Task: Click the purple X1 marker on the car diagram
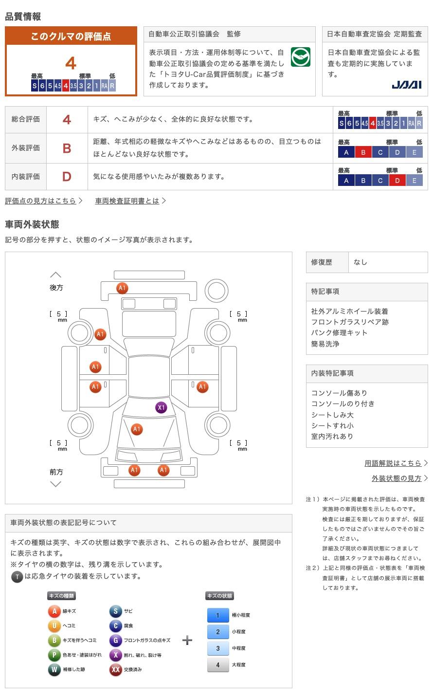point(161,407)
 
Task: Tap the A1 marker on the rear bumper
point(122,288)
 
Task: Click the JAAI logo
point(407,85)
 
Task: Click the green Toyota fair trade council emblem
point(301,56)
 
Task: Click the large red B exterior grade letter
point(67,148)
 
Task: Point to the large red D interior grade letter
point(67,177)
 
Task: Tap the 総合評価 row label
point(25,119)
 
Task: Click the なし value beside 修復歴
point(360,262)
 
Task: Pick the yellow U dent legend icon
point(54,625)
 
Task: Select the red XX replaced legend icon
point(115,669)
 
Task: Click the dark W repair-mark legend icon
point(54,669)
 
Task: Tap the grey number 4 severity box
point(218,665)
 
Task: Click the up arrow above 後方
point(55,275)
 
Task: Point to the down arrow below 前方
point(55,484)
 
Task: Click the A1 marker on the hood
point(137,429)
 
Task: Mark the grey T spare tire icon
point(17,577)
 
